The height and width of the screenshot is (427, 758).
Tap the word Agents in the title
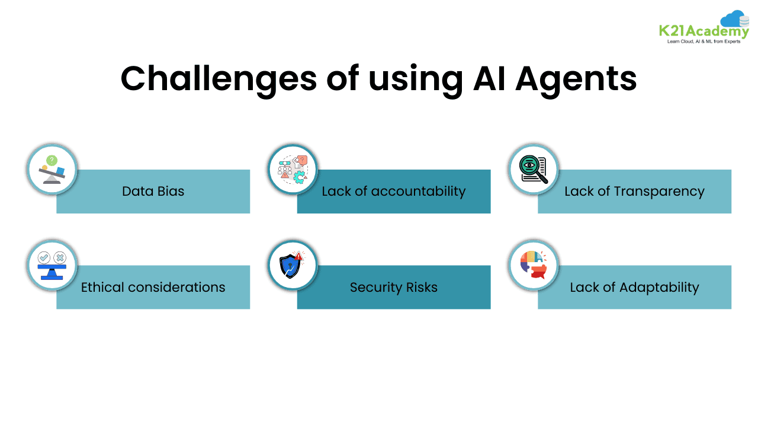tap(576, 79)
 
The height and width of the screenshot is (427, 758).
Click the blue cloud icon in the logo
tap(734, 20)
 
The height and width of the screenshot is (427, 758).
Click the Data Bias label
tap(153, 192)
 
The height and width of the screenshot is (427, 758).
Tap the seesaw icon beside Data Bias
tap(52, 170)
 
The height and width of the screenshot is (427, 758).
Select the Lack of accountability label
tap(393, 192)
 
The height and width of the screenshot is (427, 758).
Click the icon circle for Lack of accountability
tap(293, 170)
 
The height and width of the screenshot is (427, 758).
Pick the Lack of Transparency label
tap(634, 192)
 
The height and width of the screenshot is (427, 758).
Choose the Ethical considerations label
tap(153, 288)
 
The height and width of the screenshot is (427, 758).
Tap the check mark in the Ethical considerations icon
tap(44, 257)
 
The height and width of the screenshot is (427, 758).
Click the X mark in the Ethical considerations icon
tap(60, 257)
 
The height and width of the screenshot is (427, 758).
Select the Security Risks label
tap(393, 288)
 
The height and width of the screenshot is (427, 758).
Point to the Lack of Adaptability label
tap(634, 288)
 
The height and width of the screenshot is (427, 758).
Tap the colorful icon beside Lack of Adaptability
tap(534, 265)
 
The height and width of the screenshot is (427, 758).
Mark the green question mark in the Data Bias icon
tap(52, 160)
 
